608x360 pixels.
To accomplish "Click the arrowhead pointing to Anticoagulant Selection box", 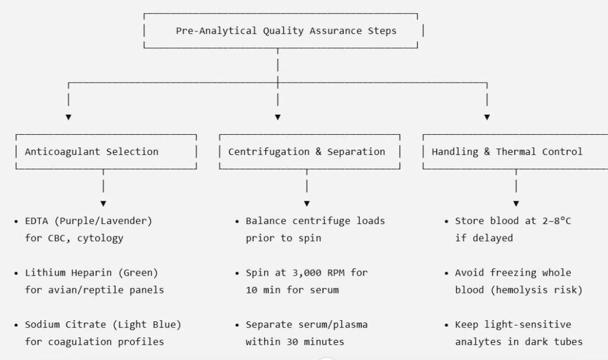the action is click(68, 117).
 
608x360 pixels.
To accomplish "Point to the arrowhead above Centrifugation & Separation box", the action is click(278, 117).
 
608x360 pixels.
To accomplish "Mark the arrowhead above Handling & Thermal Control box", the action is click(487, 117).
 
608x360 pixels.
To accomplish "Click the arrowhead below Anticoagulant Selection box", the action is click(103, 204).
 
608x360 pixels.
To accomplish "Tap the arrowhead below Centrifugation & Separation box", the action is click(307, 204).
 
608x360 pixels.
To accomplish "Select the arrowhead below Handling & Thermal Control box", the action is click(516, 204).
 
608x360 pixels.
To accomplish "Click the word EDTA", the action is click(36, 221).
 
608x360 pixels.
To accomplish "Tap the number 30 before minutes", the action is click(292, 342).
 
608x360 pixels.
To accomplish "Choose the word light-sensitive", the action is click(528, 325).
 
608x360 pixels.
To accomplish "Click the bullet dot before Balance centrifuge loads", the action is click(237, 222).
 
